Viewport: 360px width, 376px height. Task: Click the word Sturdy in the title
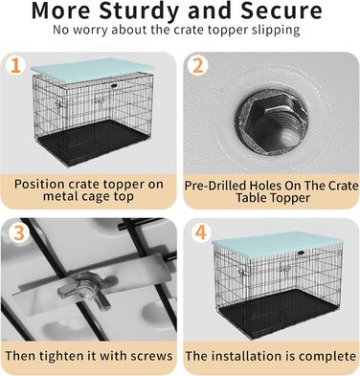tap(139, 11)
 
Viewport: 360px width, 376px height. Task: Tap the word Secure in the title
tap(281, 11)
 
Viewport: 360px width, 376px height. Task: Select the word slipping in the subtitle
tap(276, 31)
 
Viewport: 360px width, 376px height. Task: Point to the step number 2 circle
tap(198, 66)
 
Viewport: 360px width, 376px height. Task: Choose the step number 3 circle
tap(18, 232)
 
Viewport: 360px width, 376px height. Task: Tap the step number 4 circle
tap(200, 232)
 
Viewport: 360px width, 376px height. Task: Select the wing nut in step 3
tap(83, 291)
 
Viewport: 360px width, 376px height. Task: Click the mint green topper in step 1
tap(92, 71)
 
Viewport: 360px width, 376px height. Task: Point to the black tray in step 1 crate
tap(93, 142)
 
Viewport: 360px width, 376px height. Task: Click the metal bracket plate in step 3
tap(96, 278)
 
